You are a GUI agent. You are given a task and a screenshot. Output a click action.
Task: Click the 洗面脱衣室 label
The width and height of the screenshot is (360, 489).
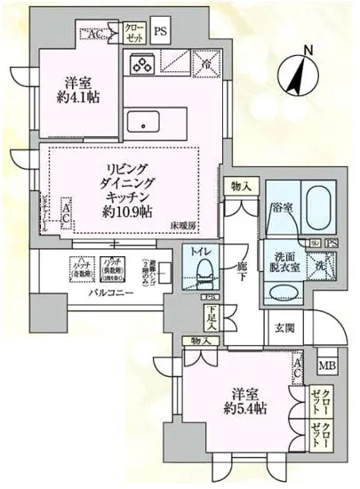click(284, 264)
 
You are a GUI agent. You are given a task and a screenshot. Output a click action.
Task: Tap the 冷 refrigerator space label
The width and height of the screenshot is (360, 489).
click(205, 65)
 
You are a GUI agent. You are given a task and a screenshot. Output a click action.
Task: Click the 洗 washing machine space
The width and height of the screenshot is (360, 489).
click(319, 265)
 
